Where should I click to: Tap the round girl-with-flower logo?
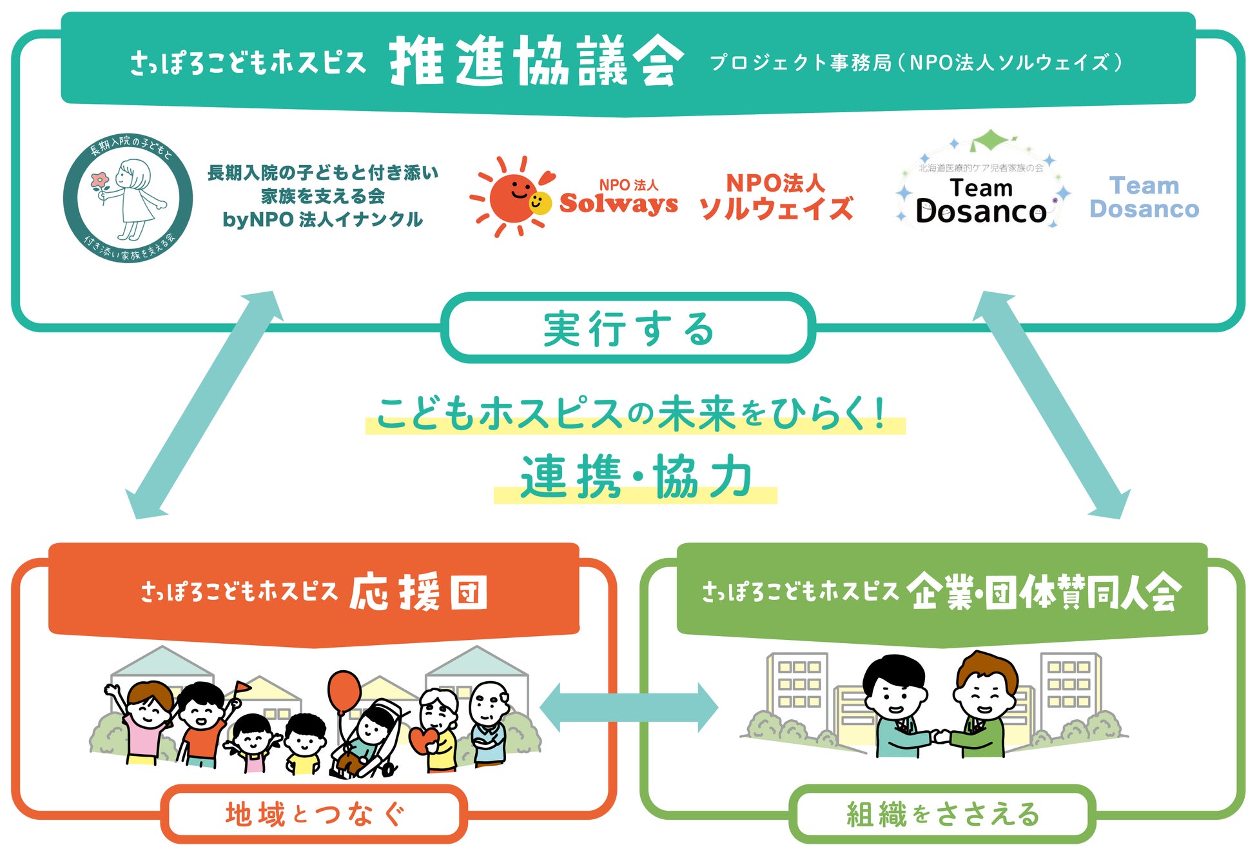pos(128,197)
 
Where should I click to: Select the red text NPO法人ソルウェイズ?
pos(776,196)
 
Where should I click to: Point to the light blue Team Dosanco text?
pos(1144,197)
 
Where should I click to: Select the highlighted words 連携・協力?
pos(636,477)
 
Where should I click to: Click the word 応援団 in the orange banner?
pos(419,592)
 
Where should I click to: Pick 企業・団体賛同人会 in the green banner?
pos(1044,592)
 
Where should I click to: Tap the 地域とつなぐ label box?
pos(315,814)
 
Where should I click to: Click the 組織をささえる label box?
pos(942,814)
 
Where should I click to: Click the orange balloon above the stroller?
pos(344,692)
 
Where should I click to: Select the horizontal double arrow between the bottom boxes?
pos(628,708)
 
